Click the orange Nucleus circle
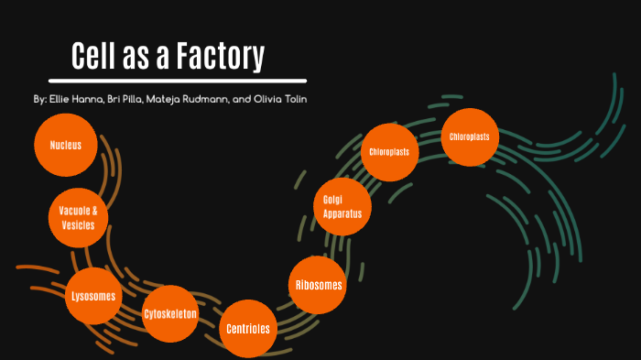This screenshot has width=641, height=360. click(x=65, y=145)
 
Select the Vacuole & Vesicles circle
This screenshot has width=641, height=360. click(x=77, y=218)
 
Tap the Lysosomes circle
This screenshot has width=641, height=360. click(x=93, y=296)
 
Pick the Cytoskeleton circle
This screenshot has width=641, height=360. click(x=170, y=314)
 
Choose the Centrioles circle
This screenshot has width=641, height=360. click(x=247, y=327)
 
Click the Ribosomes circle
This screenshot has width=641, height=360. click(x=319, y=285)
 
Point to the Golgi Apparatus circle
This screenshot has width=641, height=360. click(x=342, y=207)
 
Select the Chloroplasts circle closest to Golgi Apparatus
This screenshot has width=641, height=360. click(x=389, y=151)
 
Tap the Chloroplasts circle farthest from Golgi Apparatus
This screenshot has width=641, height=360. click(x=469, y=137)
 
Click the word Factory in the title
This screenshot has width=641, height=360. click(x=218, y=57)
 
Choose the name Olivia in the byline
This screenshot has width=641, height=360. click(x=266, y=98)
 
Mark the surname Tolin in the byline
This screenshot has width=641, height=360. click(x=294, y=98)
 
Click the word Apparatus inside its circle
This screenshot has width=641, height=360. click(x=342, y=214)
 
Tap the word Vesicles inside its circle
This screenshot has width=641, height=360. click(x=77, y=225)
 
